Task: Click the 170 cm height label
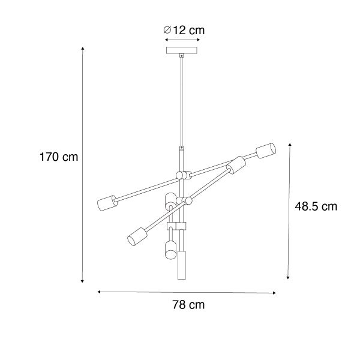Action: pyautogui.click(x=59, y=157)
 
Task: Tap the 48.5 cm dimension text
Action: pyautogui.click(x=316, y=206)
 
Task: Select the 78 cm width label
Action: pyautogui.click(x=187, y=305)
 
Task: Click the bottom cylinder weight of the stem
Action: pyautogui.click(x=181, y=265)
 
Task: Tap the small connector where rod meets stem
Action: pyautogui.click(x=181, y=148)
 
